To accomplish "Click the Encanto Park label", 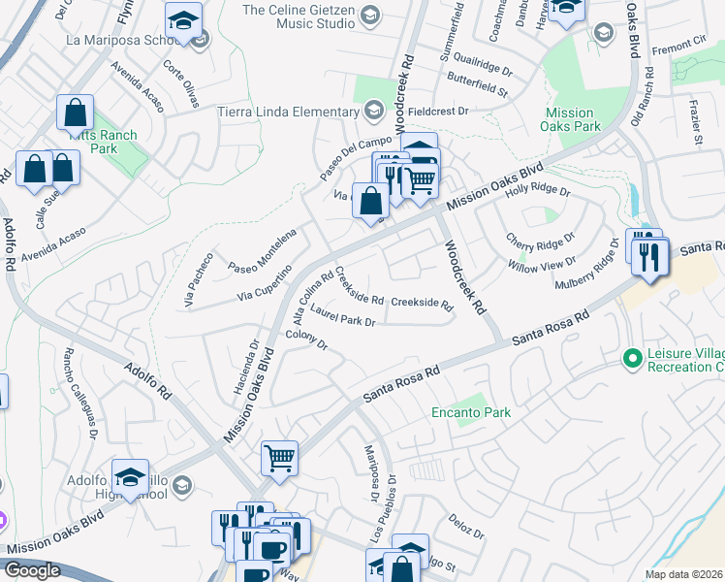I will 470,412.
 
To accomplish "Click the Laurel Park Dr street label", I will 342,319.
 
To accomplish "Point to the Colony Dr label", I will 307,339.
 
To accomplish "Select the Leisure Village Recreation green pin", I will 634,359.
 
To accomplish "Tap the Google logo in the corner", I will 31,570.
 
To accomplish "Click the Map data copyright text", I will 684,574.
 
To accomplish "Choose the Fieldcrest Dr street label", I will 437,112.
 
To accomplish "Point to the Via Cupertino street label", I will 265,282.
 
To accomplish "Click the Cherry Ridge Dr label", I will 540,237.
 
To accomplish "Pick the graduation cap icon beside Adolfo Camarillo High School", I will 130,476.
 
